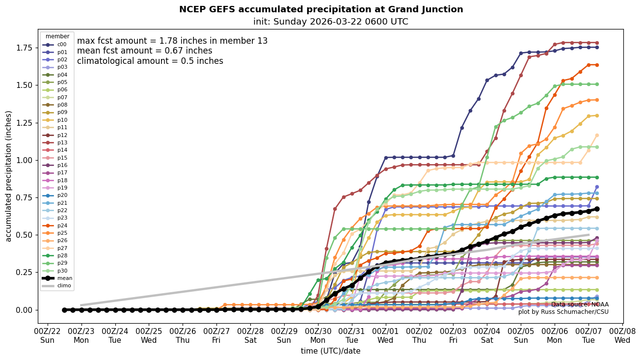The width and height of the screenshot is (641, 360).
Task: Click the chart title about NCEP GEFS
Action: point(320,9)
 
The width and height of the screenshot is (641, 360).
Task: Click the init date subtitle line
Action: point(330,22)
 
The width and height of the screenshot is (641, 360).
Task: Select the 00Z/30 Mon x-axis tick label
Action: point(318,335)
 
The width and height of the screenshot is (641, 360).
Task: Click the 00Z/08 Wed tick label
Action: point(622,335)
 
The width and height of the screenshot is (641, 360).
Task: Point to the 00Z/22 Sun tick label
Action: point(47,335)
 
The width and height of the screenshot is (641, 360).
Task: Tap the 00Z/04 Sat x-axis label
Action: point(487,335)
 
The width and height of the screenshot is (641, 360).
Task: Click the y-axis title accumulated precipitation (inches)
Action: point(8,176)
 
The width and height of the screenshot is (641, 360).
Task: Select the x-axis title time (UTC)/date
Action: point(330,351)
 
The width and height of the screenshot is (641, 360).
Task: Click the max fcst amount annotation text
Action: point(172,41)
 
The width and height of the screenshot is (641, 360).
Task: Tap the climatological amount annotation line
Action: point(150,61)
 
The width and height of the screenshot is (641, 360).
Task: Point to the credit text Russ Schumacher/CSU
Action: point(563,312)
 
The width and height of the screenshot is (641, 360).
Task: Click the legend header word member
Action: point(57,36)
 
